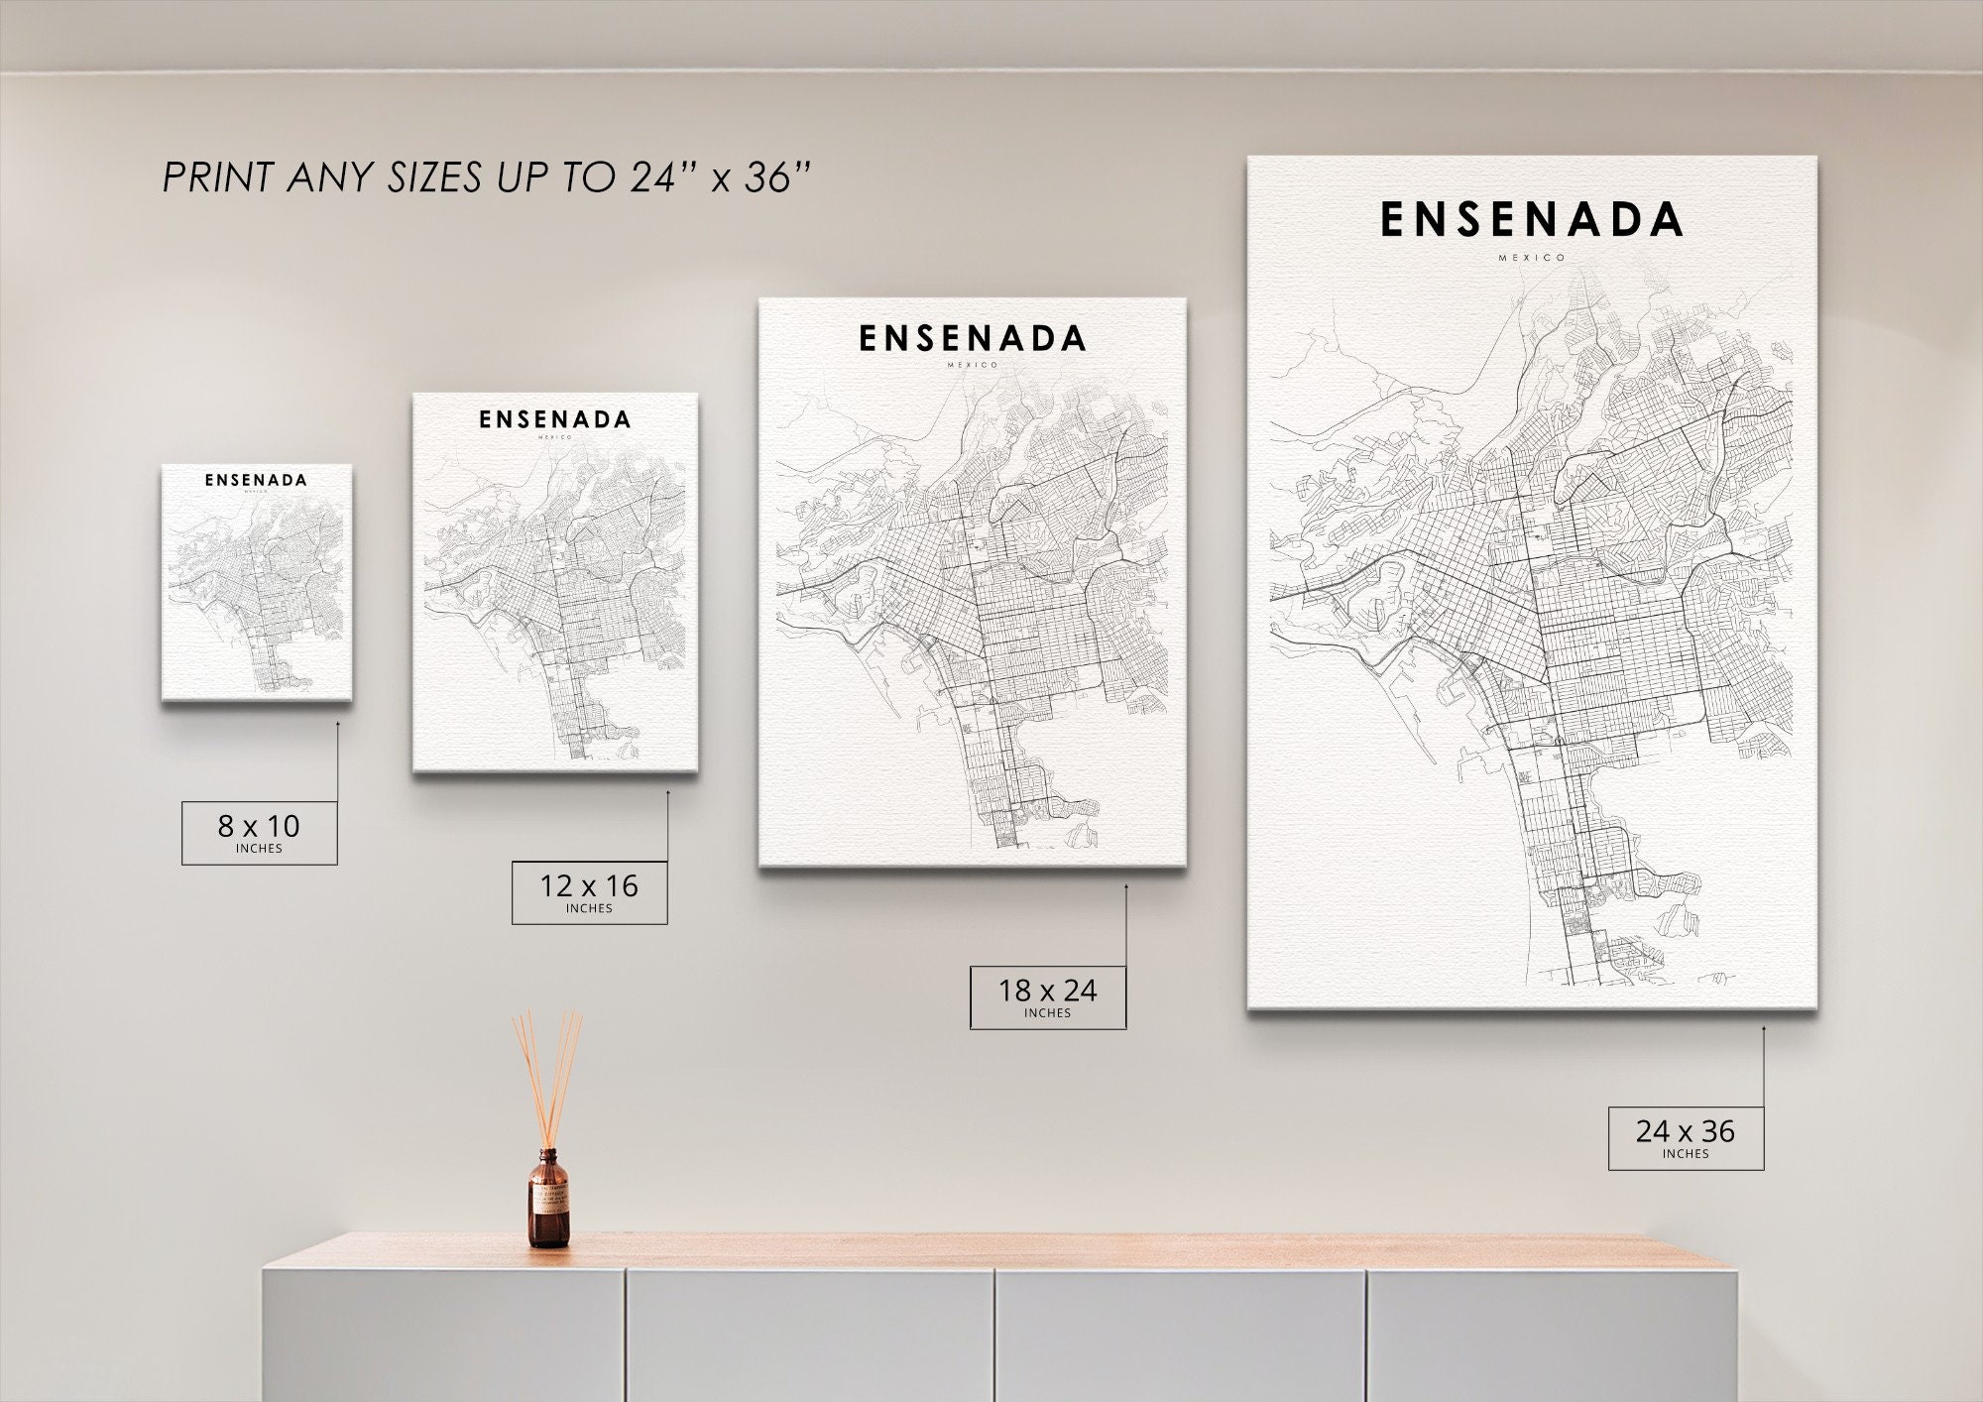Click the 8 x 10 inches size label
[x=259, y=832]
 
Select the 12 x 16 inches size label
[x=589, y=891]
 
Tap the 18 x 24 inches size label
[x=1047, y=996]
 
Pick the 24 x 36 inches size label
[x=1686, y=1137]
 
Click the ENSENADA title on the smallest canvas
[x=256, y=480]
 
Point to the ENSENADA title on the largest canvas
[x=1531, y=220]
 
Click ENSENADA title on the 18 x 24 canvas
[x=972, y=339]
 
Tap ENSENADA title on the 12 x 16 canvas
[x=555, y=419]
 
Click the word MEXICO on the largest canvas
[x=1532, y=258]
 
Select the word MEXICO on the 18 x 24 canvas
[x=973, y=365]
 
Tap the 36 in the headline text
[x=769, y=177]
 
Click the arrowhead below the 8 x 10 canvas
[x=337, y=725]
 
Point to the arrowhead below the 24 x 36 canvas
[x=1763, y=1029]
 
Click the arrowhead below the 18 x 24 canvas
[x=1125, y=888]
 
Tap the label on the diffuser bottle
[x=547, y=1202]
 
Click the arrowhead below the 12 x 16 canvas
[x=667, y=793]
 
